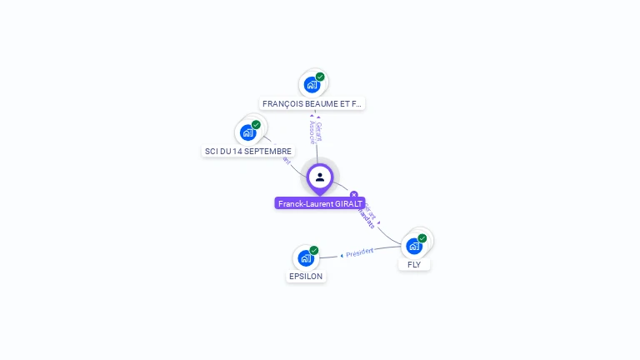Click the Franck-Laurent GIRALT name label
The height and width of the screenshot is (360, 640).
coord(319,202)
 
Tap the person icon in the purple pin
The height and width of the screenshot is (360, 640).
coord(320,177)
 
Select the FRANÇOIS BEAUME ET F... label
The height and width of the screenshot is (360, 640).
coord(312,104)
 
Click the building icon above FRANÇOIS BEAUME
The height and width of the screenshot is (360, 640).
coord(311,85)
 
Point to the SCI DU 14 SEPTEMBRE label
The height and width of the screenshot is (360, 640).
coord(247,151)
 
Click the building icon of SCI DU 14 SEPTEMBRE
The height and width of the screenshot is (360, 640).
coord(247,132)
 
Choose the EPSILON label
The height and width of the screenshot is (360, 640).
coord(306,276)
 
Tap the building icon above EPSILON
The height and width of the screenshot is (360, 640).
coord(305,257)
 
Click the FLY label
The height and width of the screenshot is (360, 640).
coord(414,264)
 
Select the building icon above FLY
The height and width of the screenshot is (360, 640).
coord(413,246)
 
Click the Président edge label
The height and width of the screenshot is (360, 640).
coord(359,252)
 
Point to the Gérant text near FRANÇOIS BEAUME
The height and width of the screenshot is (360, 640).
coord(318,131)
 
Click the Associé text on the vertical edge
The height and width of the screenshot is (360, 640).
coord(311,132)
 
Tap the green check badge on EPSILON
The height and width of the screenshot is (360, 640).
coord(314,250)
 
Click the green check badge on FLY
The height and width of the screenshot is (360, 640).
coord(422,238)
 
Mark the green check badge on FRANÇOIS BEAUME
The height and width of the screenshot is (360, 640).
coord(320,77)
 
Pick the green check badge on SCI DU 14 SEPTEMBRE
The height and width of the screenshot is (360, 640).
coord(256,125)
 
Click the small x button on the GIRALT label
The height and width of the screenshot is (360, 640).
coord(354,195)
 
